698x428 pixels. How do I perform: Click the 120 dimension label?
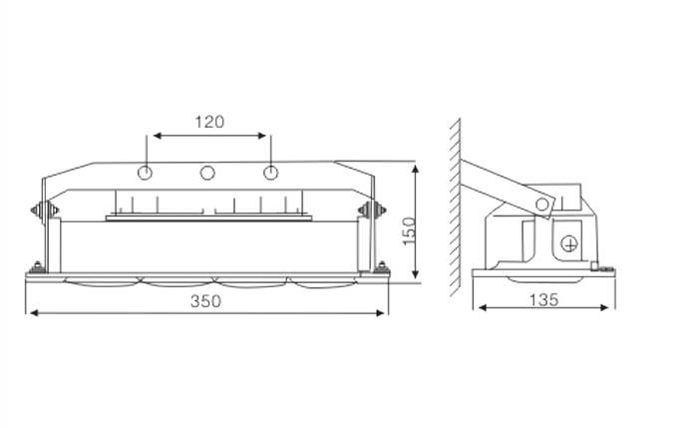209,122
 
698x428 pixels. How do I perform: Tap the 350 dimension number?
205,301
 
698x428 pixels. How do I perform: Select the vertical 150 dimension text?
409,230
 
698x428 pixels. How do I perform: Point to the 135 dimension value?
544,299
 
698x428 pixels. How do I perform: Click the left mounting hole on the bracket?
145,173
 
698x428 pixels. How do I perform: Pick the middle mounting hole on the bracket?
207,173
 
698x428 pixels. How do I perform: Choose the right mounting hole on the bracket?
270,173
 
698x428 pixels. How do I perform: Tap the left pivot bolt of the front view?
44,211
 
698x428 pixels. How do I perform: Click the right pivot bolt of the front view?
372,211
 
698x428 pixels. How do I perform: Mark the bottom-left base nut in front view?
38,267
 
